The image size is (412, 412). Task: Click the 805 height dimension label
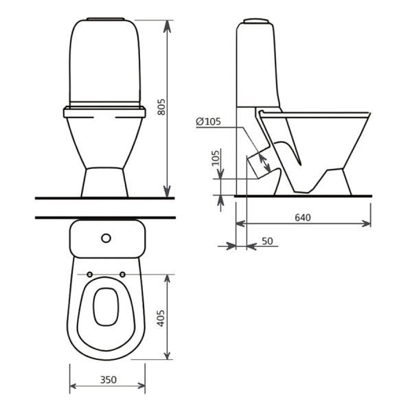coord(161,107)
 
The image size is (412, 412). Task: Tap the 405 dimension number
coord(161,318)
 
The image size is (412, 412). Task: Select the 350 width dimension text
coord(108,380)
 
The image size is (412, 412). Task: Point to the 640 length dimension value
coord(303,217)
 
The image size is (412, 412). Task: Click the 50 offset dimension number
coord(268,241)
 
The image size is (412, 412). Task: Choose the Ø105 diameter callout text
coord(209,122)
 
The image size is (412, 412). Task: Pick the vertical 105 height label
coord(216,158)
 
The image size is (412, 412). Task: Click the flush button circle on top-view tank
coord(106,238)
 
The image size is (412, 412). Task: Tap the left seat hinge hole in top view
coord(89,275)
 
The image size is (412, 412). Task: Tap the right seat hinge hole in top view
coord(122,275)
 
